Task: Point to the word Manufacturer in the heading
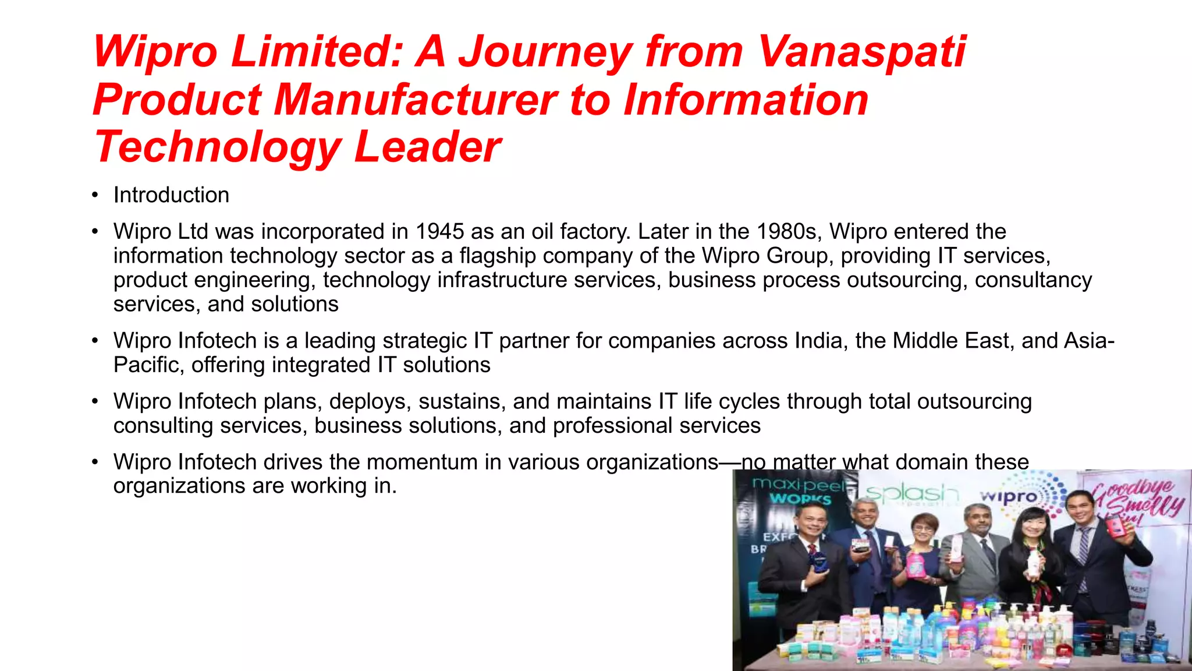tap(416, 100)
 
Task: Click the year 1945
tap(439, 232)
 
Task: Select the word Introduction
tap(171, 195)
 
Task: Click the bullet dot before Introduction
tap(95, 195)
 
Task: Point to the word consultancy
tap(1033, 280)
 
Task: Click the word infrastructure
tap(502, 280)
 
